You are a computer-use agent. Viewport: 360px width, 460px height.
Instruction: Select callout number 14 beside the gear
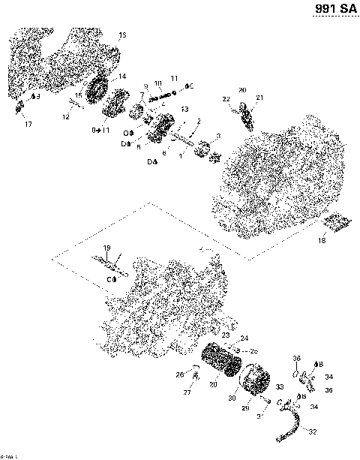coord(121,77)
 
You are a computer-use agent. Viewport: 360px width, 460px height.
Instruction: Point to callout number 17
coord(29,123)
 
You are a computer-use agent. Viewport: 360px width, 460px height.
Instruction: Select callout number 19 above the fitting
coord(106,248)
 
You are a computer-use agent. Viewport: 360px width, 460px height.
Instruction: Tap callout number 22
coord(225,99)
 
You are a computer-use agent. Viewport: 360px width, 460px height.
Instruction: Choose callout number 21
coord(260,98)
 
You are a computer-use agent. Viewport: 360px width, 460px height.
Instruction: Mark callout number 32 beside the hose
coord(312,432)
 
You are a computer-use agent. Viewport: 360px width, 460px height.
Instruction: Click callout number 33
coord(280,387)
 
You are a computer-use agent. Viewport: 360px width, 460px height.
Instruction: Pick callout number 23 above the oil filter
coord(225,335)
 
